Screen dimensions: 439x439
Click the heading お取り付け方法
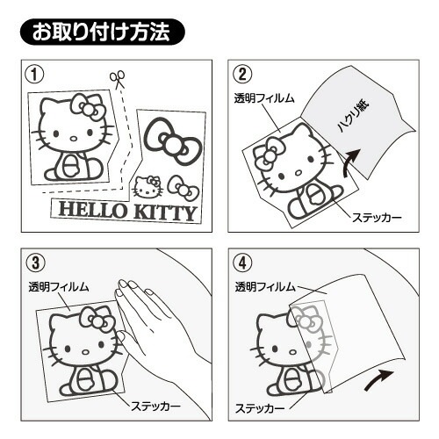102,32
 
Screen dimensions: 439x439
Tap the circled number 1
34,75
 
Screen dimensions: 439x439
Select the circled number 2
242,75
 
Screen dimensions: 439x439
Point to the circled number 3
35,263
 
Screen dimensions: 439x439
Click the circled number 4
242,263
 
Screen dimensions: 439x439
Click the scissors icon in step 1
118,80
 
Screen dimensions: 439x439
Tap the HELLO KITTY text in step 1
127,212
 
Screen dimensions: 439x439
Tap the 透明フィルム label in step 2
264,98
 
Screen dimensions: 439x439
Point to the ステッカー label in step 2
377,218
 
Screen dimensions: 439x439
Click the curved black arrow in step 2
351,161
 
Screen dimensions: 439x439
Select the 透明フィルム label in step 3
59,286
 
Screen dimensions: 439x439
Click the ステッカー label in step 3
155,407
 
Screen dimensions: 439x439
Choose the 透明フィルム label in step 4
265,287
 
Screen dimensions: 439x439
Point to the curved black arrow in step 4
379,379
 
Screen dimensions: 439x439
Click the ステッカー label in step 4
260,408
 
